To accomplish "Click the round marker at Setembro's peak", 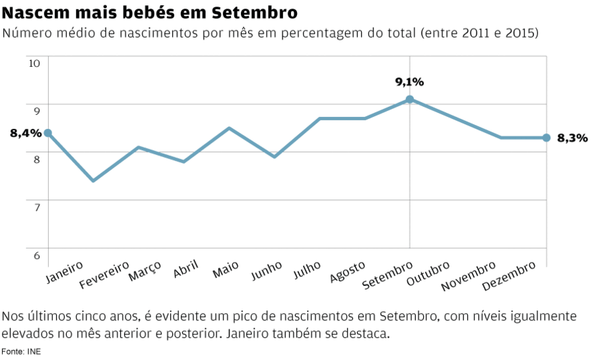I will tap(409, 99).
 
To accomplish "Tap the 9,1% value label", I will tap(409, 82).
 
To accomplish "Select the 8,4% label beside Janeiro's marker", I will tap(26, 133).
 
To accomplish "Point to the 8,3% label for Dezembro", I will tap(572, 138).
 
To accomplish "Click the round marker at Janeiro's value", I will tap(48, 133).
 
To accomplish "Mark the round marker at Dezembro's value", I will tap(546, 137).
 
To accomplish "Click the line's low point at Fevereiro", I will tap(93, 180).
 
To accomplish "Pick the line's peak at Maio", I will tap(229, 128).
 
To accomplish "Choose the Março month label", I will tap(145, 271).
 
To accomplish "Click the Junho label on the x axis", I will tap(266, 271).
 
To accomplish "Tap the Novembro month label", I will tap(468, 276).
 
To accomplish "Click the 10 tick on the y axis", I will tap(34, 63).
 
